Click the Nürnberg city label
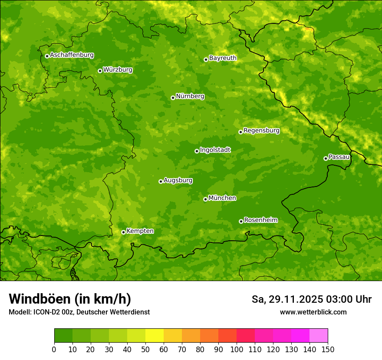(190, 96)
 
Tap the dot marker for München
(205, 199)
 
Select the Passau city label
(339, 157)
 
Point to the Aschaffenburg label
(72, 55)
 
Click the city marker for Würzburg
(100, 71)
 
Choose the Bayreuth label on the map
(223, 58)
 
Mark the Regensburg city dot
(240, 132)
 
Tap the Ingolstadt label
(215, 150)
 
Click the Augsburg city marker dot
(161, 181)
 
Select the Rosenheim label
(260, 220)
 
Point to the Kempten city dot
(123, 232)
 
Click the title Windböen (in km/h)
(70, 299)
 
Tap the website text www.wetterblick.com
(313, 312)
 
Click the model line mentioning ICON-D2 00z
(79, 312)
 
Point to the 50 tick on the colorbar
(145, 349)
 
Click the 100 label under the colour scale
(237, 349)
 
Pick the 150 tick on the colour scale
(328, 349)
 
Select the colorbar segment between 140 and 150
(319, 336)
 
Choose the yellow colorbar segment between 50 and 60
(155, 336)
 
